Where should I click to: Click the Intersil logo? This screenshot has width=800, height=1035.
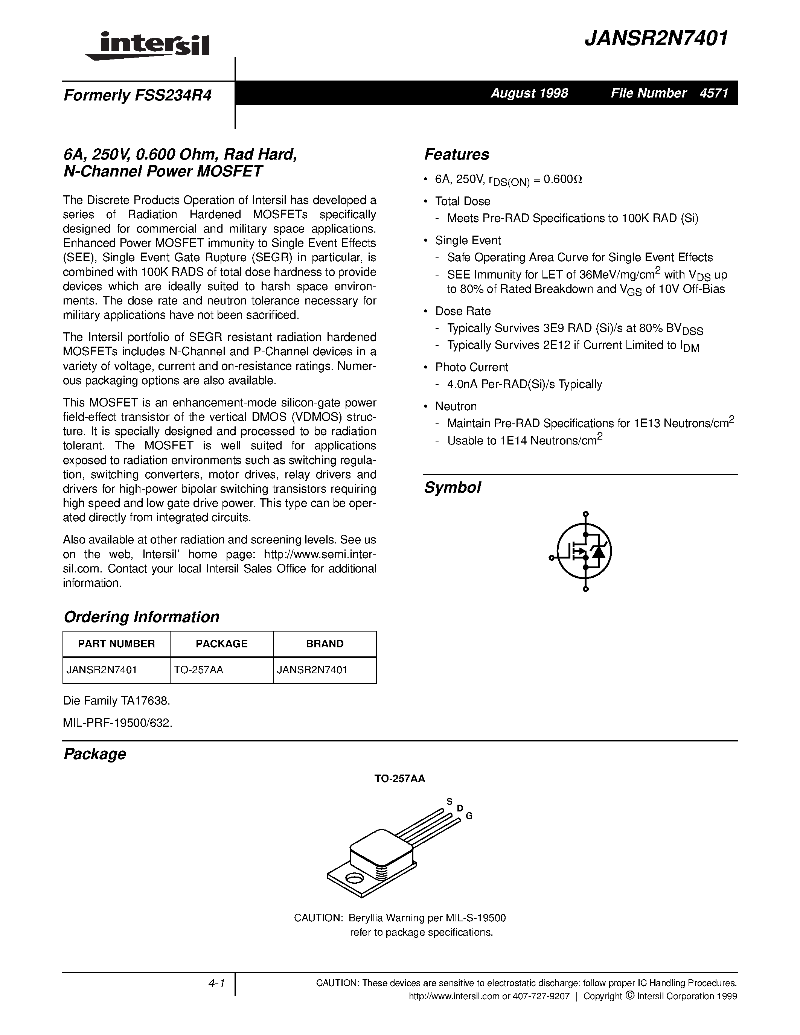point(148,47)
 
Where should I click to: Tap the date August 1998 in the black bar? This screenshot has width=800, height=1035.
point(529,93)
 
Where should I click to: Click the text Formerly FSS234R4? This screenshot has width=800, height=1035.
point(137,96)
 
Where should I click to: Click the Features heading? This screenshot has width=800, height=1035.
point(456,154)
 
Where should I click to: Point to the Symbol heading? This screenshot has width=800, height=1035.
point(452,488)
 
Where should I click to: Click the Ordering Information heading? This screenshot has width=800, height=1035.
point(141,616)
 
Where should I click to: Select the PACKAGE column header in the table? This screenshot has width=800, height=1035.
point(221,644)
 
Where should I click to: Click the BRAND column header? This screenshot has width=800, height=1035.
point(325,644)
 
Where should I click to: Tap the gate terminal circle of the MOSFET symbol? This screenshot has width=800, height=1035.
point(551,558)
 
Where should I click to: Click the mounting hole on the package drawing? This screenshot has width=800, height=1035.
point(353,879)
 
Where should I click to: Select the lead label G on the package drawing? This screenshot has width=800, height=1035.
point(469,816)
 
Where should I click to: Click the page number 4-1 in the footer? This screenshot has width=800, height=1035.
point(216,984)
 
